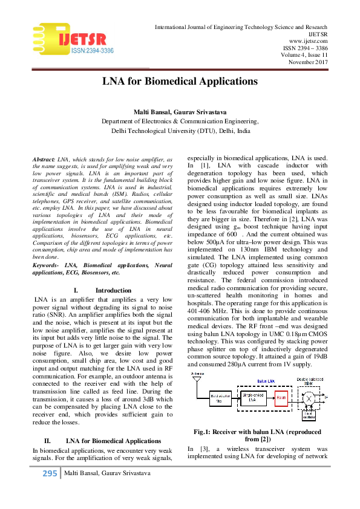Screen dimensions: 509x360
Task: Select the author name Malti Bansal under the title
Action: point(160,112)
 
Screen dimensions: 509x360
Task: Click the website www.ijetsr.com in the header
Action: point(308,41)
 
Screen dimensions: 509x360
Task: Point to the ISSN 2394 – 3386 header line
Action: point(306,48)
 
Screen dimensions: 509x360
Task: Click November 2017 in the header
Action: point(308,62)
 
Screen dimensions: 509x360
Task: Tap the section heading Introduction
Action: point(114,290)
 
